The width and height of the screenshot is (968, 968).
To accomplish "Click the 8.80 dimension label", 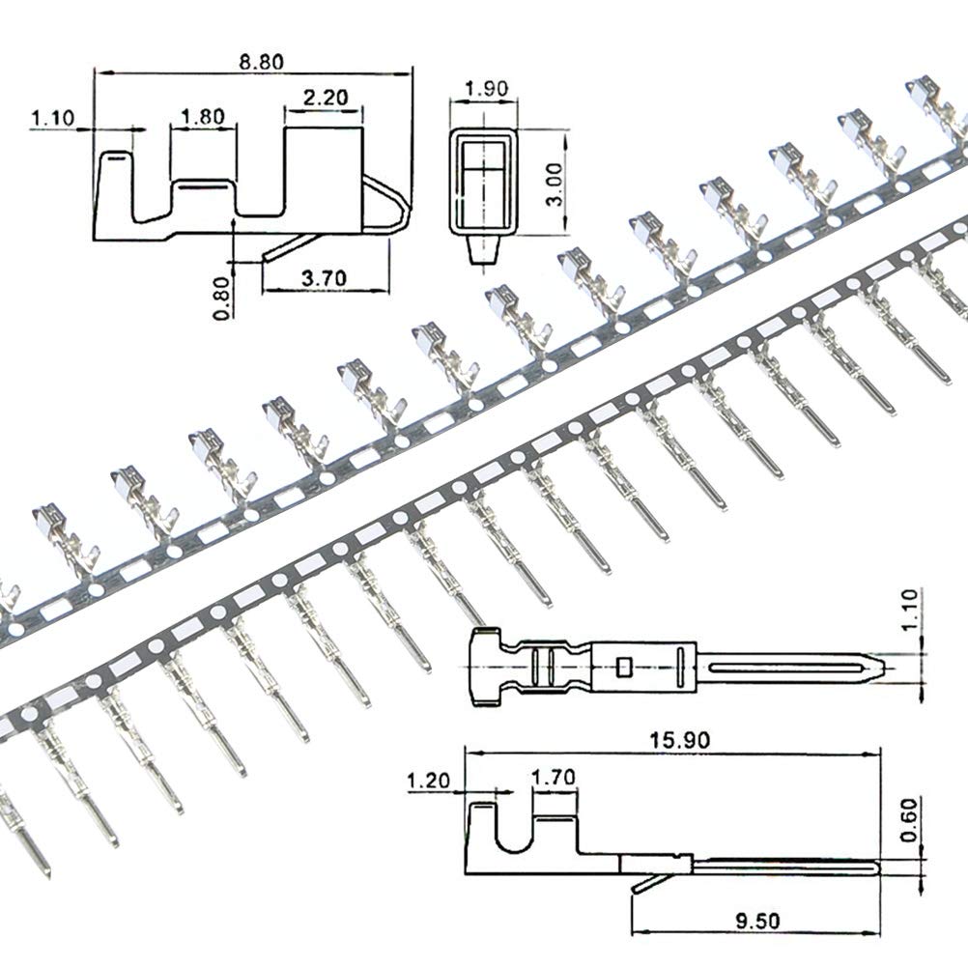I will [x=262, y=61].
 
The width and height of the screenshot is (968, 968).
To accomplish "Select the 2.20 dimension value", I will [x=326, y=98].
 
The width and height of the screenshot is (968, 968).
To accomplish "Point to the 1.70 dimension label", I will [x=554, y=777].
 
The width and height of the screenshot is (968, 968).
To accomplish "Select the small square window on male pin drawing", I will [x=624, y=666].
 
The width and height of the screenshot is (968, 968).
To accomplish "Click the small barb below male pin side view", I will [x=639, y=885].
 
